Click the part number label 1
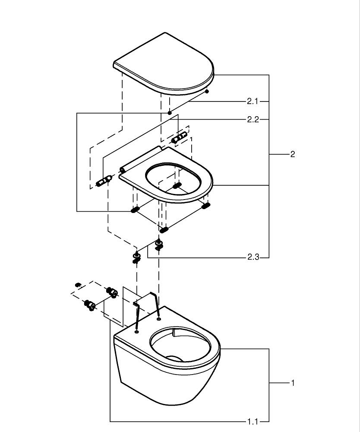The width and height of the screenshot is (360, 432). click(x=293, y=383)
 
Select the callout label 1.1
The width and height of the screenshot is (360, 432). click(x=253, y=421)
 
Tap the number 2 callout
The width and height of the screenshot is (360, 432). click(x=293, y=154)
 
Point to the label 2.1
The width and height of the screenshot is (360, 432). click(x=253, y=102)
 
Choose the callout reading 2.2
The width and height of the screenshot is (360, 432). click(x=253, y=119)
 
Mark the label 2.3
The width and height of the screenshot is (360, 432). click(x=253, y=257)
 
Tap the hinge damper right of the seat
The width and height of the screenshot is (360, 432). click(x=179, y=137)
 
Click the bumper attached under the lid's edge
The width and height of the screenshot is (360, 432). click(x=207, y=91)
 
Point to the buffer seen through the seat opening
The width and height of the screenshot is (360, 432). click(x=177, y=186)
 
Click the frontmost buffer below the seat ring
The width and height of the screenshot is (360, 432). click(x=164, y=229)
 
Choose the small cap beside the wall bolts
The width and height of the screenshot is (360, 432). click(x=78, y=284)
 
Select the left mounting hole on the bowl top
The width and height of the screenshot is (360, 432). click(x=137, y=332)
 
